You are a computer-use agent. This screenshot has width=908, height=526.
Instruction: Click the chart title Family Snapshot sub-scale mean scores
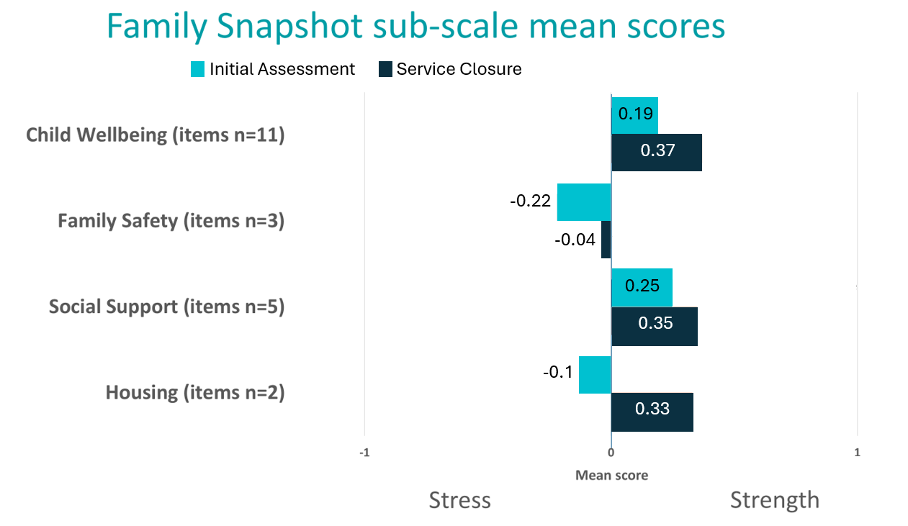(x=415, y=27)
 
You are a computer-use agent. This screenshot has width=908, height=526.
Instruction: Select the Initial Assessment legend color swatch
(x=198, y=69)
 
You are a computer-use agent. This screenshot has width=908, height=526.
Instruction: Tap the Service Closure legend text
(x=459, y=69)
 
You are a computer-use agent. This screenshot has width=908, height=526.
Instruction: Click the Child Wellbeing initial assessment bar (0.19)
(x=634, y=115)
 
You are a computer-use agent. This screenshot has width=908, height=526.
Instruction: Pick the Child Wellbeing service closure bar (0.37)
(x=656, y=152)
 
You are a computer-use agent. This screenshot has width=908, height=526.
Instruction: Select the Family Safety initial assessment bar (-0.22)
(x=583, y=202)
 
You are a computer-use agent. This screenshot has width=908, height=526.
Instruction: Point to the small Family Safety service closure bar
(x=606, y=240)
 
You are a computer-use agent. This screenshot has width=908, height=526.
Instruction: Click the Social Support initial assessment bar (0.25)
(x=642, y=287)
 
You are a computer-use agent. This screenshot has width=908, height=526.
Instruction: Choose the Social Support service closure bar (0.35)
(x=654, y=326)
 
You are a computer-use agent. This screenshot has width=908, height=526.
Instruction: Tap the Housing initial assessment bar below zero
(x=595, y=374)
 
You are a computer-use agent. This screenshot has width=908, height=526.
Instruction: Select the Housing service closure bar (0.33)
(x=652, y=412)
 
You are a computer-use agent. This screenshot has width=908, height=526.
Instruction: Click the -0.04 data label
(x=575, y=240)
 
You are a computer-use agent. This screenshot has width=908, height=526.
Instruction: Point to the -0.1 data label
(x=558, y=373)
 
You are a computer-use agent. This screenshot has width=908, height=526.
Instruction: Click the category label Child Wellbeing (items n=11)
(x=156, y=135)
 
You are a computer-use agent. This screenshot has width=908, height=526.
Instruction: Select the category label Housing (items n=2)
(x=195, y=393)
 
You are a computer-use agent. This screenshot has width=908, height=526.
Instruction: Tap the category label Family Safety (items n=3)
(x=171, y=220)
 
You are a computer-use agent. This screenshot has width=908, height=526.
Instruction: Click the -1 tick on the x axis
(x=364, y=453)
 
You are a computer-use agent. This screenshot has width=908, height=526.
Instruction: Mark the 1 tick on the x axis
(x=857, y=453)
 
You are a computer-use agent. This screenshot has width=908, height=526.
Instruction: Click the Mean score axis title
(x=611, y=475)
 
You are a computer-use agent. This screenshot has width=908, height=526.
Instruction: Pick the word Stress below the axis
(x=459, y=500)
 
